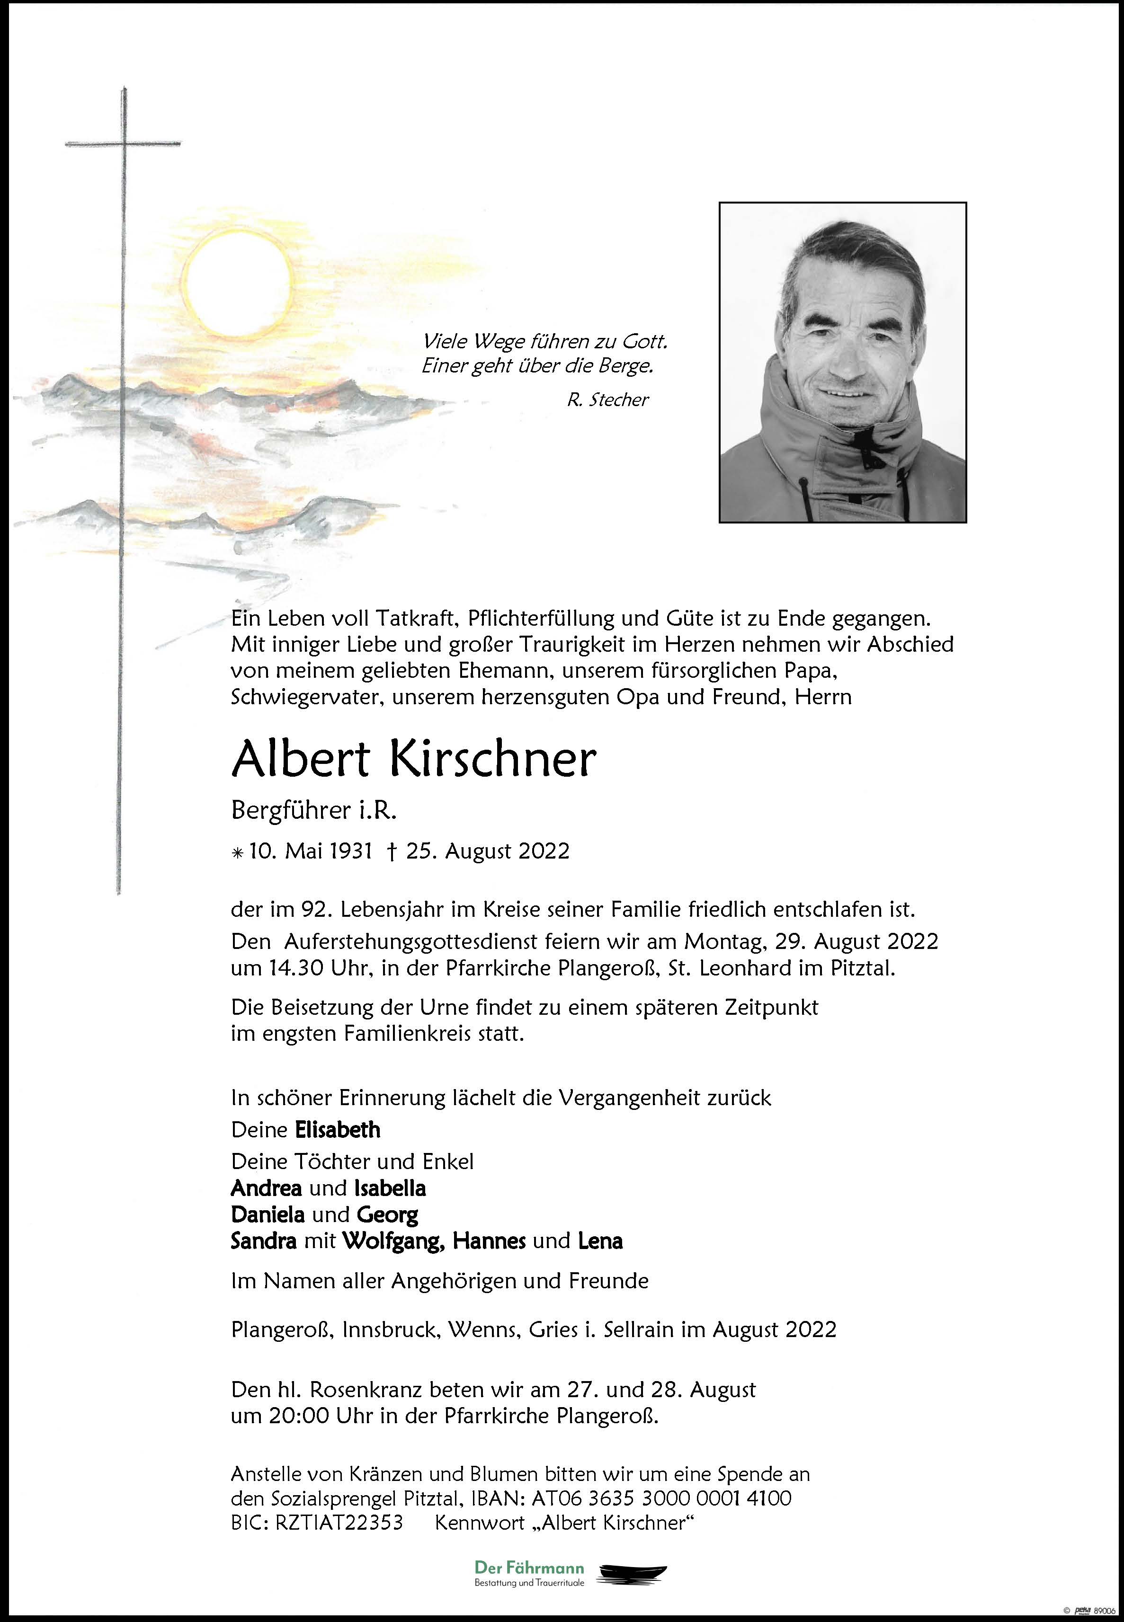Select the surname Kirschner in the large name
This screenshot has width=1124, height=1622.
[492, 760]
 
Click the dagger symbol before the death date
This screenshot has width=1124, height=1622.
[392, 852]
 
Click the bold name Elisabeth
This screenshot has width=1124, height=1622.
[337, 1130]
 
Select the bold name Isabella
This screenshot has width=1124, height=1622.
[390, 1188]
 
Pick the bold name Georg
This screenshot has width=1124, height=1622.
[387, 1214]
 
